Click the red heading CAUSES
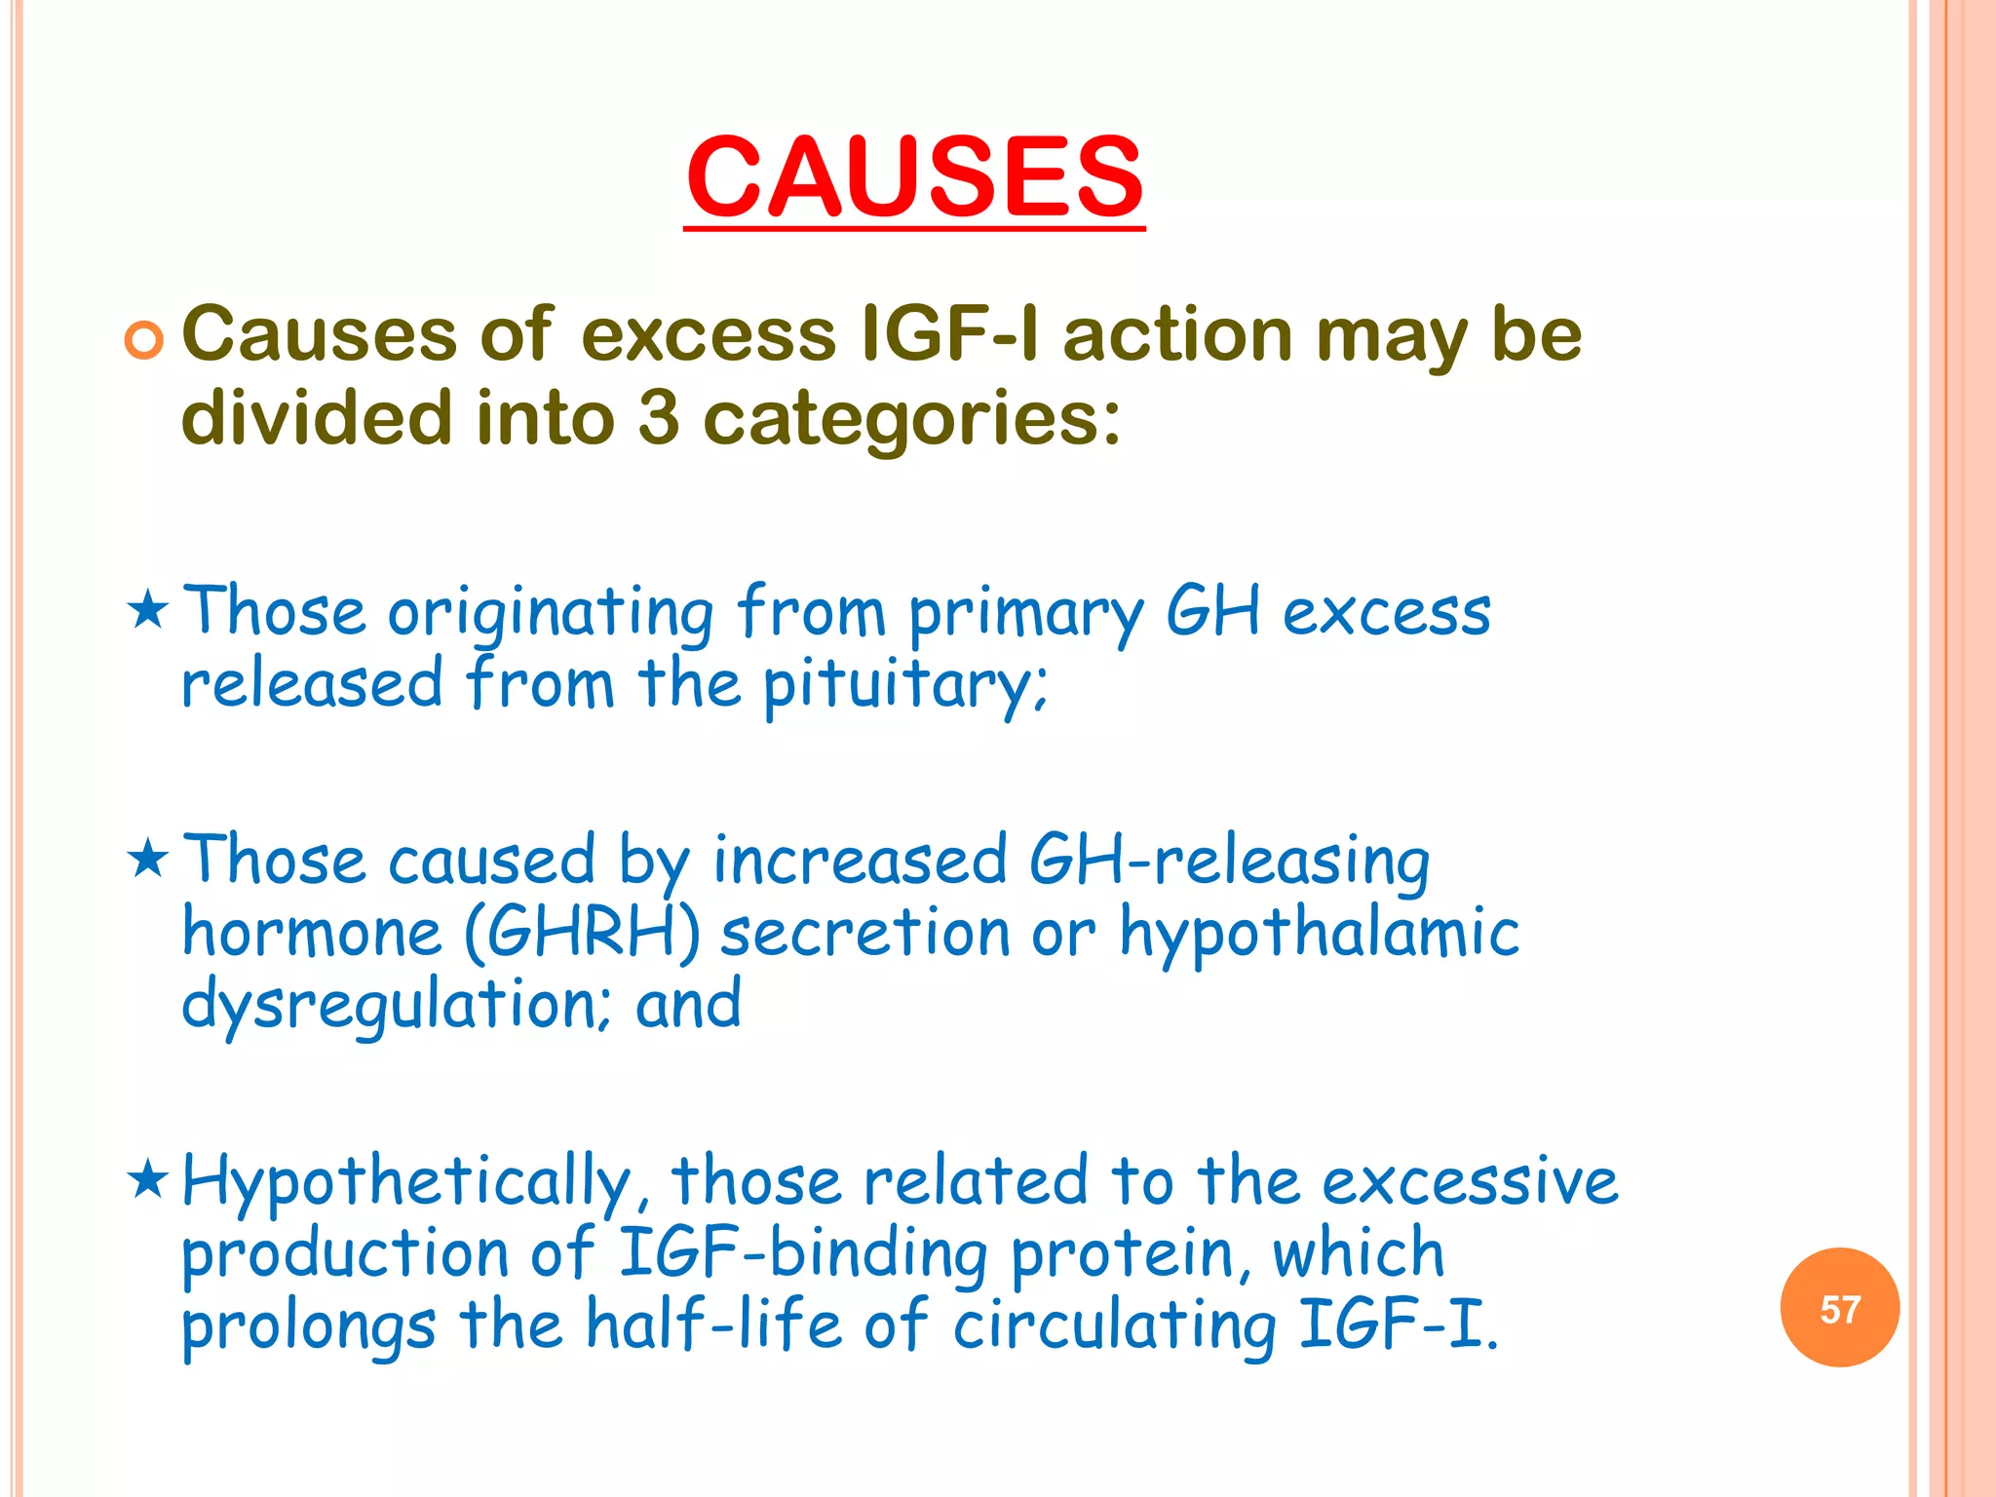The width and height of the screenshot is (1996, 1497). pyautogui.click(x=914, y=177)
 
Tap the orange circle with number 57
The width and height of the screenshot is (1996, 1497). pyautogui.click(x=1839, y=1308)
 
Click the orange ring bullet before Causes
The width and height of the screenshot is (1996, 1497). pyautogui.click(x=144, y=340)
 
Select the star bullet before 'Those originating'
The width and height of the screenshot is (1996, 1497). pyautogui.click(x=148, y=610)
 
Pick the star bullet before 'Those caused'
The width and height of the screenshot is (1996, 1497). pyautogui.click(x=148, y=859)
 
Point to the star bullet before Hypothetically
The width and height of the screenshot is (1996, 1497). pyautogui.click(x=148, y=1179)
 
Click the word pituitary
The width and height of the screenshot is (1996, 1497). pyautogui.click(x=904, y=686)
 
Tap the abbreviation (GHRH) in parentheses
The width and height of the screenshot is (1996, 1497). pyautogui.click(x=582, y=933)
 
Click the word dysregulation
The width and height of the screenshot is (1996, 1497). pyautogui.click(x=395, y=1006)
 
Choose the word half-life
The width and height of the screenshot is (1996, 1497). pyautogui.click(x=712, y=1325)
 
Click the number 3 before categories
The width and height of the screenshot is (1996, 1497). pyautogui.click(x=659, y=417)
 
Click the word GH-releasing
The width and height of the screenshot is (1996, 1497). pyautogui.click(x=1229, y=862)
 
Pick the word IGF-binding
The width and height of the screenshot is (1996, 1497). pyautogui.click(x=803, y=1253)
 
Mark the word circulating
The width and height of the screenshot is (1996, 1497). pyautogui.click(x=1114, y=1327)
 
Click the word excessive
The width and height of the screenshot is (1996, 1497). pyautogui.click(x=1470, y=1181)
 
